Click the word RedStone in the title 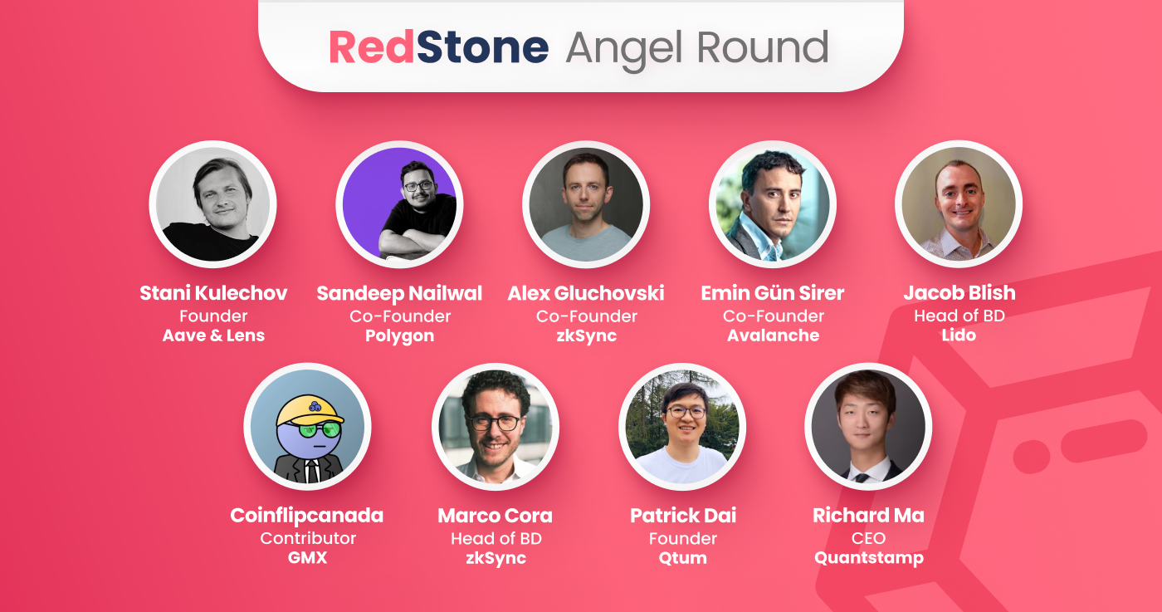click(x=439, y=47)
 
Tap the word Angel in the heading click(x=624, y=50)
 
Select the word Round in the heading click(x=762, y=47)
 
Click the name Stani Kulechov click(x=213, y=293)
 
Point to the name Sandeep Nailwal click(x=399, y=294)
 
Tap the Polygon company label click(x=399, y=336)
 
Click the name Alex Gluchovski click(x=586, y=293)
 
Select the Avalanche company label click(x=773, y=335)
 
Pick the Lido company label click(x=959, y=335)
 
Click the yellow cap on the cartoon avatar click(x=310, y=410)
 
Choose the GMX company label click(x=307, y=557)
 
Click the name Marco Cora click(x=495, y=516)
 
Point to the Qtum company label click(x=682, y=558)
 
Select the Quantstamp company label click(x=869, y=558)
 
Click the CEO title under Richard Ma click(x=868, y=538)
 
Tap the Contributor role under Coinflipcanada click(x=308, y=538)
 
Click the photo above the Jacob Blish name click(x=959, y=204)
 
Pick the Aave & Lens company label click(x=213, y=335)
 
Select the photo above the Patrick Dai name click(x=682, y=426)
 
